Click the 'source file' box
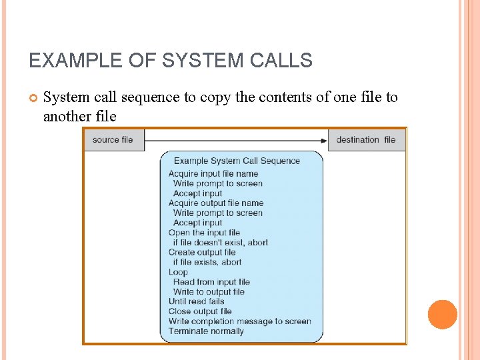(x=113, y=140)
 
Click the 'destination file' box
(x=366, y=140)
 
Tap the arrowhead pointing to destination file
(x=324, y=140)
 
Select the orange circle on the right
(x=442, y=315)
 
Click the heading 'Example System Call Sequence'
(x=237, y=161)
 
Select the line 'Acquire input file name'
(x=213, y=174)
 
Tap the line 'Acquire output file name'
(x=216, y=203)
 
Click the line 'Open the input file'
(x=204, y=233)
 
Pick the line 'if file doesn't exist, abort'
(x=220, y=243)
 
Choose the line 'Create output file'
(x=202, y=253)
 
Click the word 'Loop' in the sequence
(x=178, y=272)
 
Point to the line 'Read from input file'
(x=211, y=282)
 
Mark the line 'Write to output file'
(x=209, y=291)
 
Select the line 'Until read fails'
(x=197, y=301)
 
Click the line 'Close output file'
(x=200, y=311)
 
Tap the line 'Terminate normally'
(x=206, y=331)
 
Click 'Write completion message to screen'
(x=240, y=321)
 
